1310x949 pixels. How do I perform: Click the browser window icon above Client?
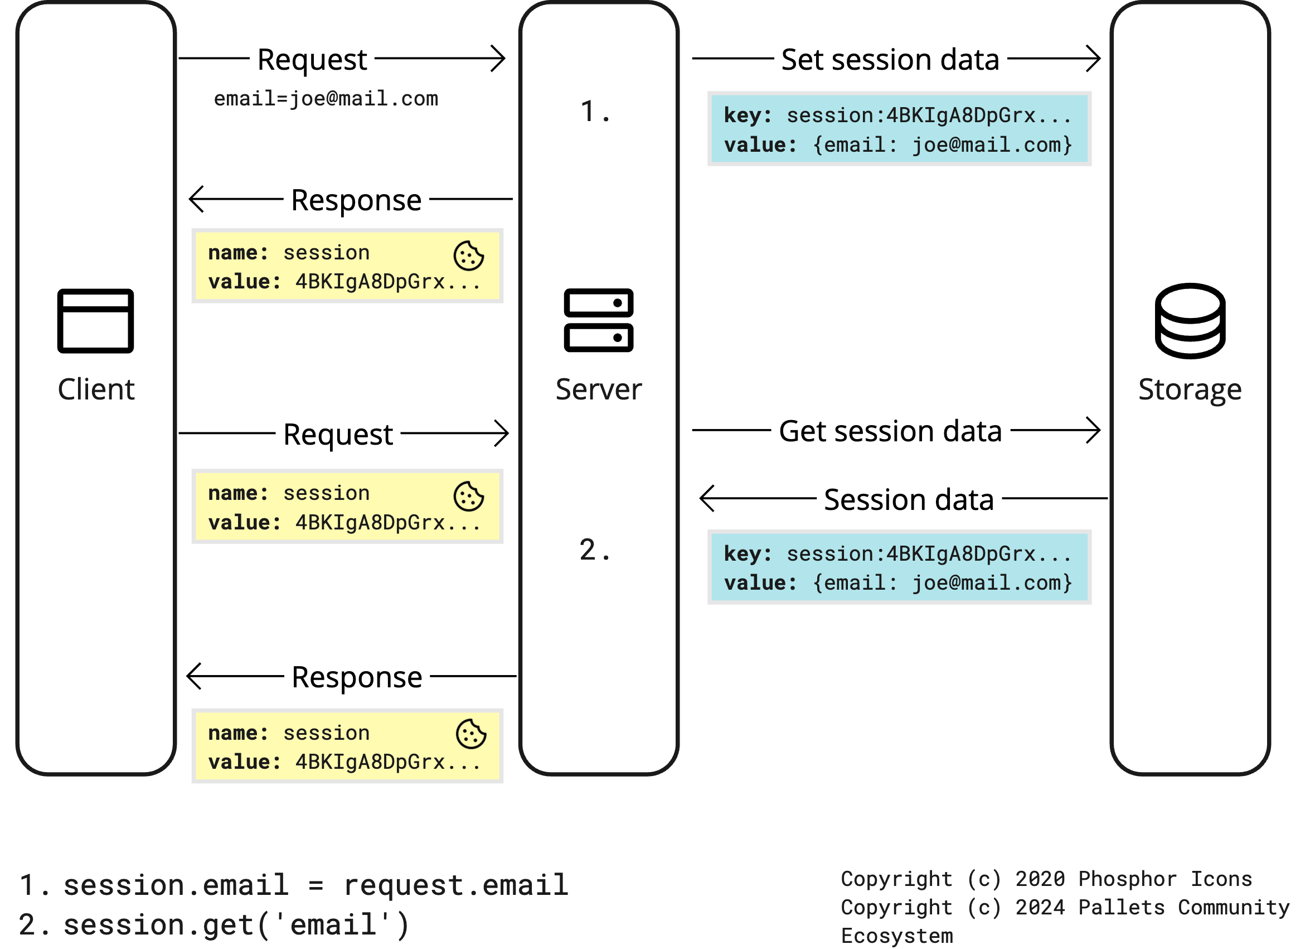95,321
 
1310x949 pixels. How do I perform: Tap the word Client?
96,389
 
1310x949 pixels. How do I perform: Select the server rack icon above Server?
598,320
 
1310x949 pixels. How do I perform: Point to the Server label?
598,389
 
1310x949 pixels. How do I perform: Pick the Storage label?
1190,389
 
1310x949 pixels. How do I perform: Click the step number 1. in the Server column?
594,111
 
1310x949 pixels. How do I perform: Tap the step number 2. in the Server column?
594,549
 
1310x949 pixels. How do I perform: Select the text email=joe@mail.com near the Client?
326,99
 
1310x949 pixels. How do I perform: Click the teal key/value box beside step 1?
899,129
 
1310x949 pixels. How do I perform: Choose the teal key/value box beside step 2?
899,567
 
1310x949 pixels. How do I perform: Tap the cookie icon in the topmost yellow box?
468,256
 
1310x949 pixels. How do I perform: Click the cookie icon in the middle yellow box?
468,496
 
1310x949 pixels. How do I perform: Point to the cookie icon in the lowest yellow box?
470,734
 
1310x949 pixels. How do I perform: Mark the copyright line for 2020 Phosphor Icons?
1046,879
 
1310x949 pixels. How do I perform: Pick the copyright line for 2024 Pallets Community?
1065,907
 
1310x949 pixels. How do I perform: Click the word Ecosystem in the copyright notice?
896,936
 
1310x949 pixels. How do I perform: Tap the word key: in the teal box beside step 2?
748,553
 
